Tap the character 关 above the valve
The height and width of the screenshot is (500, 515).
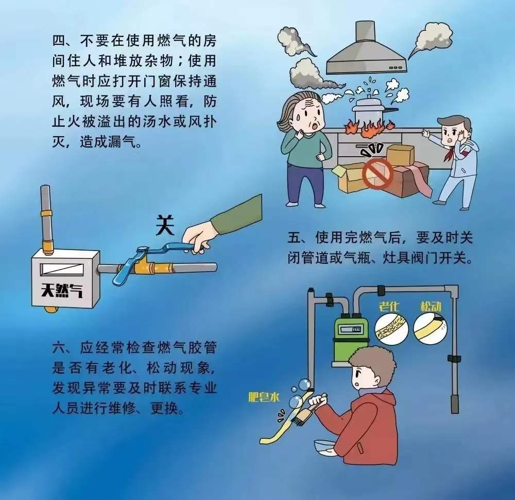coord(165,225)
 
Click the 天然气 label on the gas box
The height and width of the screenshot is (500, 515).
coord(62,291)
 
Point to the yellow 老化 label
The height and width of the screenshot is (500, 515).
coord(388,307)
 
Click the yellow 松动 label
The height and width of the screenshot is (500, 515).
coord(431,307)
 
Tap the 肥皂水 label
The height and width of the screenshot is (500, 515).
coord(264,397)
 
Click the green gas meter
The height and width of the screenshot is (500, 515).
coord(349,340)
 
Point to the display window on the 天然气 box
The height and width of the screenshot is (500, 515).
coord(61,270)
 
